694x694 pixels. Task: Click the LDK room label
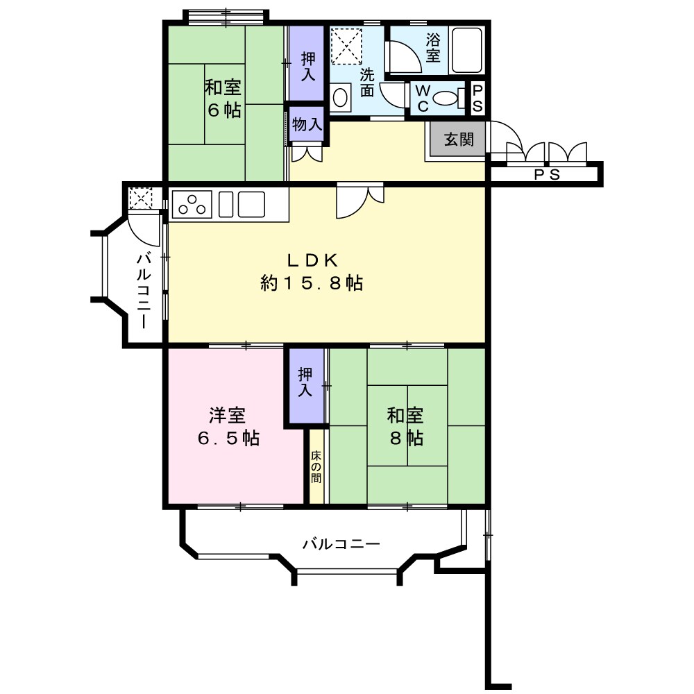point(312,271)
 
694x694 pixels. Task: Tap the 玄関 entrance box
point(459,139)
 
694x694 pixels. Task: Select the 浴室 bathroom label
point(433,48)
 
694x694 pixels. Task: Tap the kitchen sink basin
point(251,204)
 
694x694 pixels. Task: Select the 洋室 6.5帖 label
point(227,427)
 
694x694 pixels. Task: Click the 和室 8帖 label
point(405,427)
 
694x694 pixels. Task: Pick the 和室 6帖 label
point(222,99)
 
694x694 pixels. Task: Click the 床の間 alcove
point(316,467)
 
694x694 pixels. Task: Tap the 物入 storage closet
point(306,125)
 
